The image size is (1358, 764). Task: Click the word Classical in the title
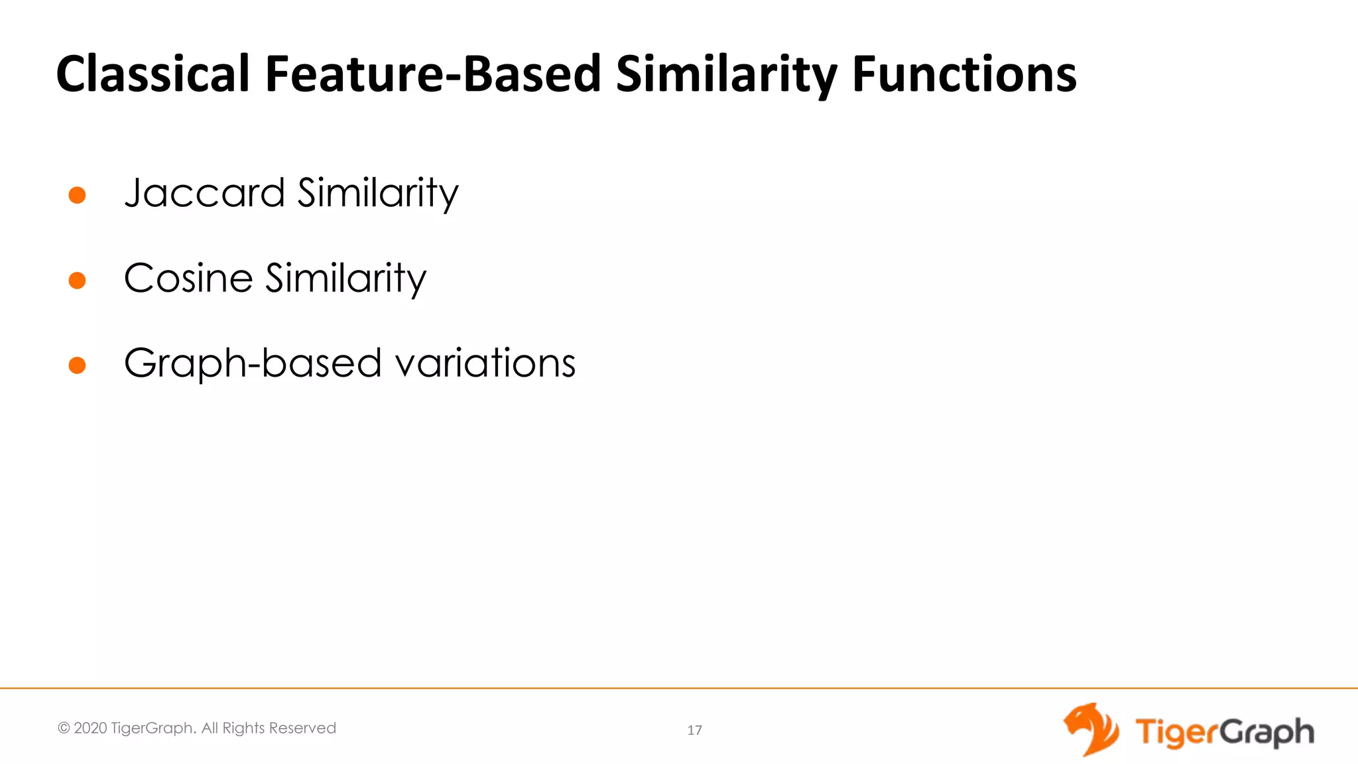point(153,74)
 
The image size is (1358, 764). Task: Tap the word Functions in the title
point(964,74)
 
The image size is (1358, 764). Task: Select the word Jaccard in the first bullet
point(204,194)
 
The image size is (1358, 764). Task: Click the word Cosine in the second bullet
point(188,278)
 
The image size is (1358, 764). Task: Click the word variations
point(485,363)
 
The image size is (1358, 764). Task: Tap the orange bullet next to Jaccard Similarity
point(78,195)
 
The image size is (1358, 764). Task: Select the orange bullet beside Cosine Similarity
point(78,281)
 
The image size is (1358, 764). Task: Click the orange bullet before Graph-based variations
point(78,365)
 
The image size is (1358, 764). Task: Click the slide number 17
point(694,730)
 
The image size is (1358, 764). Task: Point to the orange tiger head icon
point(1090,730)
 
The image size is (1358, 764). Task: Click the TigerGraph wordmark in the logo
point(1224,732)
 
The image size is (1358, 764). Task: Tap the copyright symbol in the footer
point(64,728)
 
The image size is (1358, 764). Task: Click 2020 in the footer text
point(90,728)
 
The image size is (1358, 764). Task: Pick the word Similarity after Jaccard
point(378,194)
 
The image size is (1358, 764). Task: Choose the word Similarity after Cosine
point(346,278)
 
